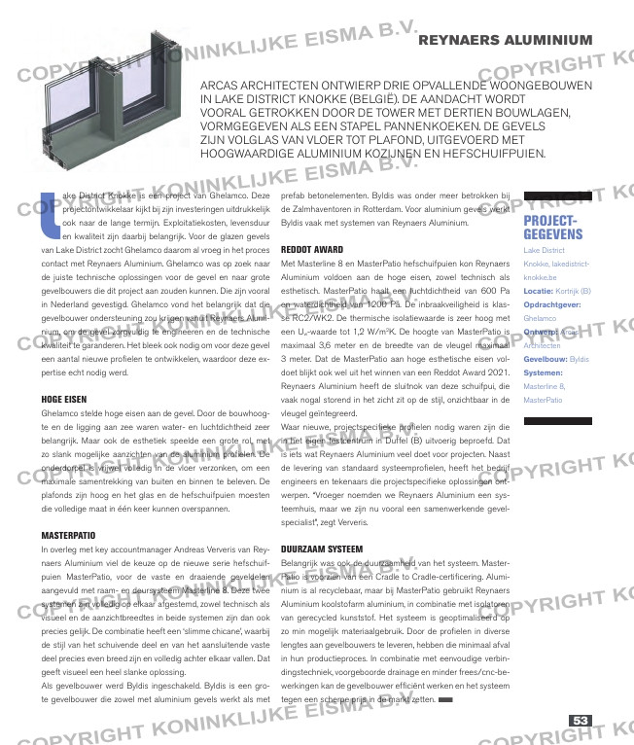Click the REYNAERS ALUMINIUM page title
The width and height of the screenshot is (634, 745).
(x=506, y=40)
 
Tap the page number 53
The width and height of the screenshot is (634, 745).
(x=581, y=721)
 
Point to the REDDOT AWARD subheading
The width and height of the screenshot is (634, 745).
(x=311, y=249)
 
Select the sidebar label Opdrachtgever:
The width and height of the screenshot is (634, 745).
(x=554, y=303)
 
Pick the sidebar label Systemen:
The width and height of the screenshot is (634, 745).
(x=543, y=372)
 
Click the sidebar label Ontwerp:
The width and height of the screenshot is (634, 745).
(x=541, y=331)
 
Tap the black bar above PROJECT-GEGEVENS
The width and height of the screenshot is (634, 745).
(x=557, y=195)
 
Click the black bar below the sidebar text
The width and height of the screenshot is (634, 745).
(x=557, y=421)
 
